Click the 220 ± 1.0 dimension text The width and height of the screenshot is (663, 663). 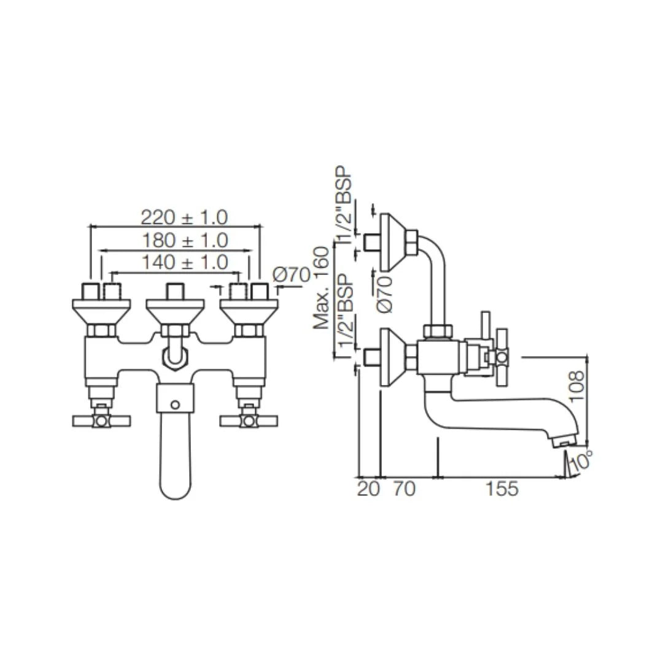click(x=184, y=217)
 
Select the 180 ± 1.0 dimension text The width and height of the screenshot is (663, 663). click(x=184, y=240)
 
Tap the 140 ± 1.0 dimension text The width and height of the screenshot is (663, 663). click(x=184, y=263)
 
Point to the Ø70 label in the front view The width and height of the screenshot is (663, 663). click(x=291, y=275)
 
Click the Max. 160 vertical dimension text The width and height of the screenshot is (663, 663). click(x=322, y=288)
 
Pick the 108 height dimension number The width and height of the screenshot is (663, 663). click(x=577, y=386)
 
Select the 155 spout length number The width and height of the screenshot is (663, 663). click(x=502, y=489)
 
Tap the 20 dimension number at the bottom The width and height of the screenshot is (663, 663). click(x=368, y=489)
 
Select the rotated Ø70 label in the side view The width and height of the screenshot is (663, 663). click(x=385, y=294)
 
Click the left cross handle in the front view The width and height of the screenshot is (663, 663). click(x=101, y=421)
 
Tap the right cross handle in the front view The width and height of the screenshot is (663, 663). click(x=249, y=421)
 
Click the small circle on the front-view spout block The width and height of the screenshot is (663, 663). click(x=175, y=405)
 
